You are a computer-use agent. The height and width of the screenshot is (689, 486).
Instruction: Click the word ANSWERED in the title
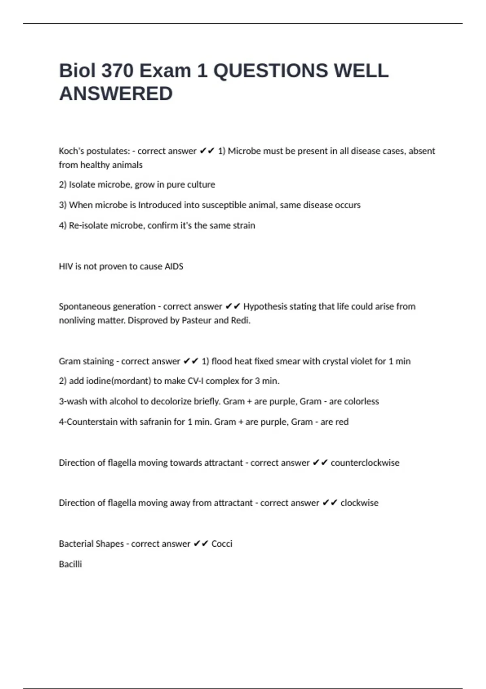tap(116, 94)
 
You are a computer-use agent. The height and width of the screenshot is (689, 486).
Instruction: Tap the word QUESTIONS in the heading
tap(271, 71)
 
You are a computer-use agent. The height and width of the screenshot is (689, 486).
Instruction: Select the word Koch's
tap(71, 151)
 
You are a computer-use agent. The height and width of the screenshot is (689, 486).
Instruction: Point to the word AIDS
tap(174, 266)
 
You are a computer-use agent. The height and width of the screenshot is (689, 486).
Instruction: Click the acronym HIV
tap(66, 266)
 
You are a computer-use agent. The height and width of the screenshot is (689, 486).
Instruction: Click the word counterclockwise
tap(365, 463)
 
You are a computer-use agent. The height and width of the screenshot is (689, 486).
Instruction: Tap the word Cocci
tap(222, 544)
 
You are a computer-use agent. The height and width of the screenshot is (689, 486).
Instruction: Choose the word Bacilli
tap(70, 564)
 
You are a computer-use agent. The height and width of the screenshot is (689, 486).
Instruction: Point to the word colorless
tap(361, 402)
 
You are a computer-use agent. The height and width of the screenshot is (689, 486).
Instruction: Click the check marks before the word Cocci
tap(201, 544)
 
